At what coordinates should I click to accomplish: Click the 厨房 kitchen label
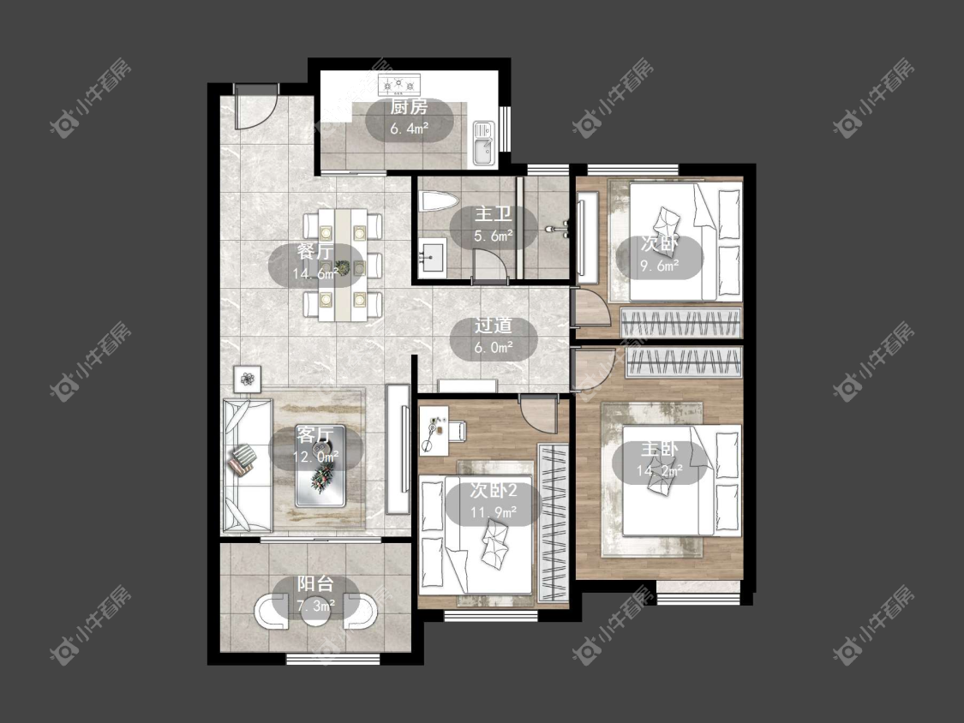pyautogui.click(x=409, y=107)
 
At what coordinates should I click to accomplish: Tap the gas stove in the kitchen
pyautogui.click(x=399, y=84)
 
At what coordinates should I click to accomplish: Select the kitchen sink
pyautogui.click(x=483, y=143)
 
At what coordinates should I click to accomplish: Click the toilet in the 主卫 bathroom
pyautogui.click(x=439, y=201)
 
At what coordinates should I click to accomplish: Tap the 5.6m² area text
pyautogui.click(x=494, y=236)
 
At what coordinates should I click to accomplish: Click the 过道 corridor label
pyautogui.click(x=493, y=326)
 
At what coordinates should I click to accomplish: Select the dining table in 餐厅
pyautogui.click(x=342, y=265)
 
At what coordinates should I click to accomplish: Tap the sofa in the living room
pyautogui.click(x=247, y=465)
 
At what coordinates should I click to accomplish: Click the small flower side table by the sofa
pyautogui.click(x=247, y=379)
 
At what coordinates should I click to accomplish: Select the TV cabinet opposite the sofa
pyautogui.click(x=398, y=450)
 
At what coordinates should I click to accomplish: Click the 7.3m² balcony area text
pyautogui.click(x=316, y=606)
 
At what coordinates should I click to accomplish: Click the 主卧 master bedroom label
pyautogui.click(x=659, y=449)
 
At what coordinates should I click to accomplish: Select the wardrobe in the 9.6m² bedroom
pyautogui.click(x=681, y=322)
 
